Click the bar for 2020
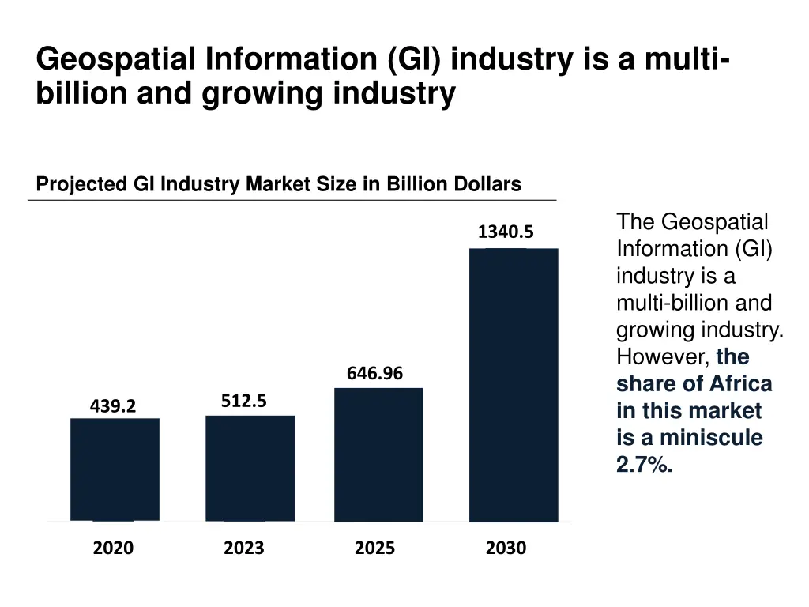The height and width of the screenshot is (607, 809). pos(115,469)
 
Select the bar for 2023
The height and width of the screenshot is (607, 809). pos(250,468)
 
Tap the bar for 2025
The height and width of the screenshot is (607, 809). pos(378,454)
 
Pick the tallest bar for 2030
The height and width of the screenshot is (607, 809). pos(514,385)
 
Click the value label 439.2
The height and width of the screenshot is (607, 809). pos(113,406)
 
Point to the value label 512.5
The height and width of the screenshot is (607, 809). pos(243,402)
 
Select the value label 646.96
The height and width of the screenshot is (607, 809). pos(374,374)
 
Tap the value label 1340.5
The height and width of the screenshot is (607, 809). pos(506,232)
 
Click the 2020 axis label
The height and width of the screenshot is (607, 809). pos(113,548)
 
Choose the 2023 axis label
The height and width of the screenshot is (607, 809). pos(243,548)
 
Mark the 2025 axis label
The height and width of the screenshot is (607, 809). pos(374,548)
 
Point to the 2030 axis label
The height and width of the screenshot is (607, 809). pos(506,548)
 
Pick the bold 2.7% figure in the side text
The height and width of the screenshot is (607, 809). pos(644,465)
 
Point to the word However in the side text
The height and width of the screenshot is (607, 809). pos(662,357)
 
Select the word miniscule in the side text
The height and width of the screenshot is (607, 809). pos(711,438)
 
